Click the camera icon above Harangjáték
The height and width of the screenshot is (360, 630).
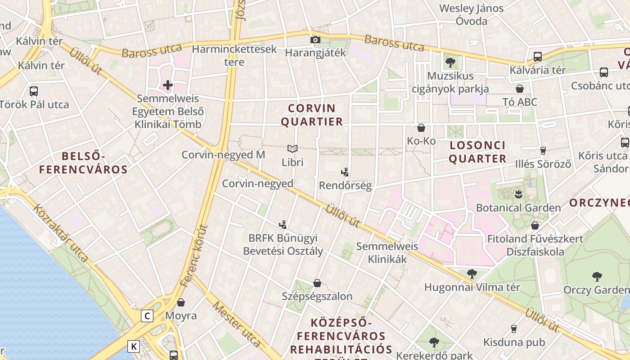click(x=315, y=40)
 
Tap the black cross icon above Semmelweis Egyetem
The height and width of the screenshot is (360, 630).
click(x=168, y=85)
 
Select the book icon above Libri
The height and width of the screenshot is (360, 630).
click(x=292, y=148)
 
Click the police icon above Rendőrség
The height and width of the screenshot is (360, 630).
click(x=345, y=172)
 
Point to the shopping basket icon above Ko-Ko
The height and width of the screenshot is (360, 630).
click(x=421, y=128)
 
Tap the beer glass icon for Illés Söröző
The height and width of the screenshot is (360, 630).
click(x=543, y=150)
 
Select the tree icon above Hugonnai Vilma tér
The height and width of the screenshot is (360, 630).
click(x=472, y=274)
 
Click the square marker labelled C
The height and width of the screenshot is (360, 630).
click(x=147, y=316)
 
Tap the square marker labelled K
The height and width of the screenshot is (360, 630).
click(x=134, y=346)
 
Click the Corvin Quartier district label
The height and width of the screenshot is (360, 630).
click(x=315, y=115)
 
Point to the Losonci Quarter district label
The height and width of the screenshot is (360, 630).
click(x=477, y=152)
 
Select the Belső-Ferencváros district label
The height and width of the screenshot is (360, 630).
click(x=83, y=163)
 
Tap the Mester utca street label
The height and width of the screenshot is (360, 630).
click(x=236, y=324)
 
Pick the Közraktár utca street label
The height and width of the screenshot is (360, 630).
click(x=61, y=234)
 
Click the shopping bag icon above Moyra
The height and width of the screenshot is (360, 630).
click(x=181, y=302)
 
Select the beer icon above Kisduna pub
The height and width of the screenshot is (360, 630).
click(x=513, y=328)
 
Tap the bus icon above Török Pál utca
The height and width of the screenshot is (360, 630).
click(x=34, y=91)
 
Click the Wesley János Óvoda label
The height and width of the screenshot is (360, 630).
click(x=471, y=14)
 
